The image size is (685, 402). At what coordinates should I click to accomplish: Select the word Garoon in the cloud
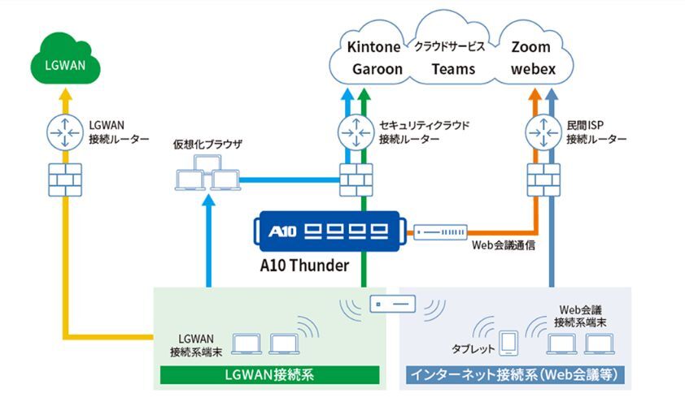377,69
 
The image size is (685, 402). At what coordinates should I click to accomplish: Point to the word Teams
453,69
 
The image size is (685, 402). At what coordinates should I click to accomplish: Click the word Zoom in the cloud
531,46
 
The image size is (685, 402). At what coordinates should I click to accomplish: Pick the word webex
533,69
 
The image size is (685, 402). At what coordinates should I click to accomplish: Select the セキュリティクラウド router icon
354,132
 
